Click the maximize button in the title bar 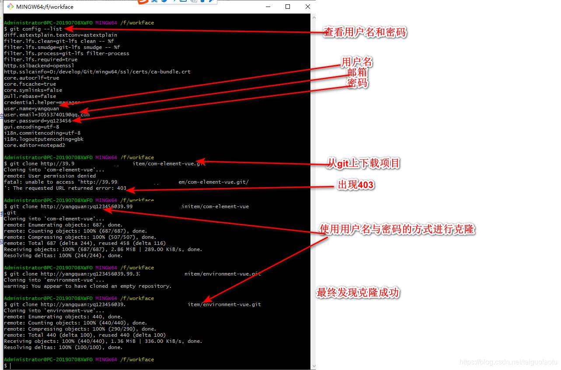[288, 7]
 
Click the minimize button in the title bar [267, 7]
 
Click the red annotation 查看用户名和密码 [365, 32]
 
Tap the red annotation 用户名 [357, 62]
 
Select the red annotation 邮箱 [357, 73]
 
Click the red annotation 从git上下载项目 [364, 164]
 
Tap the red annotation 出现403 [356, 185]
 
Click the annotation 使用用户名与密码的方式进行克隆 [397, 229]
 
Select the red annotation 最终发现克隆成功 [358, 293]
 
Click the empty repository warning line [87, 286]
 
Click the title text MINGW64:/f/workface [45, 7]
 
